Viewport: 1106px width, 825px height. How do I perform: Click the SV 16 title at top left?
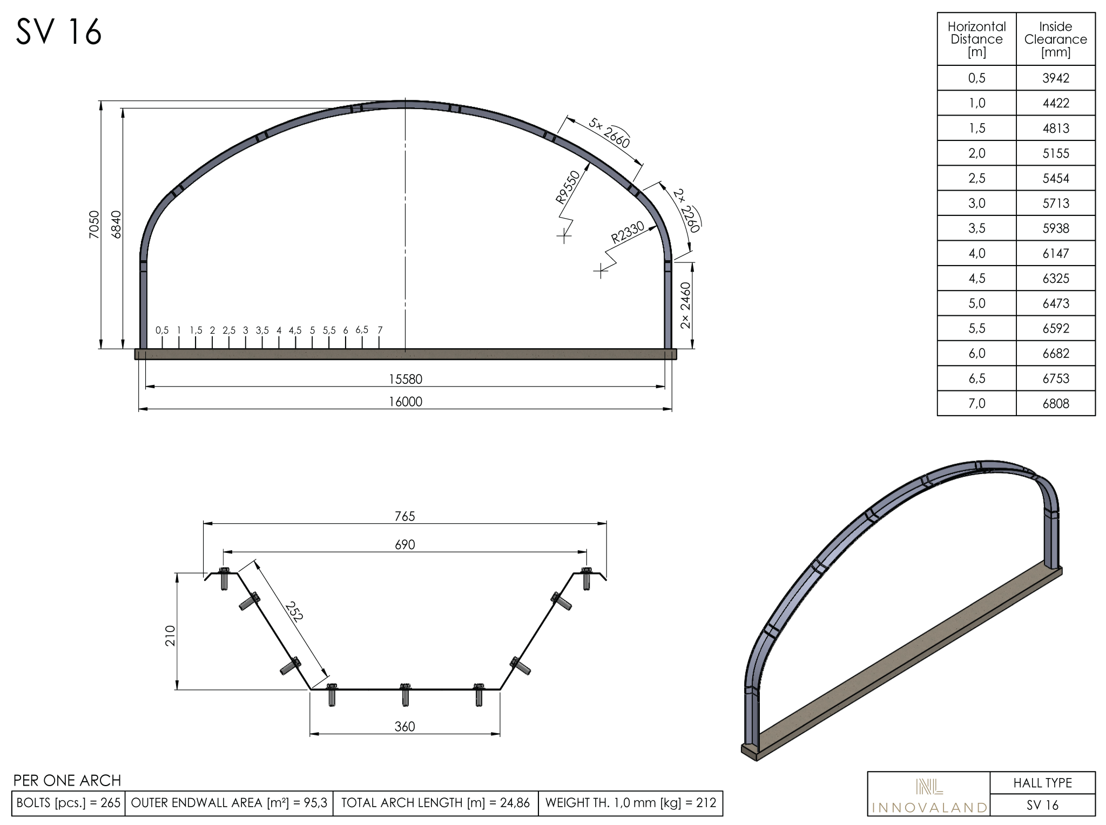pos(59,32)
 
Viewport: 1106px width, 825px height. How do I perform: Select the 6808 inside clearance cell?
pos(1056,403)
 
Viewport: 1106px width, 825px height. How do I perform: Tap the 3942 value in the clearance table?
pos(1056,78)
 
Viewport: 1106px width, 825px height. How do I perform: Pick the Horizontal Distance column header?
pos(976,39)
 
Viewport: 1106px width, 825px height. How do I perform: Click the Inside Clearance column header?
pos(1056,39)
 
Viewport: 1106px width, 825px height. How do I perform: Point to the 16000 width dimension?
pos(406,402)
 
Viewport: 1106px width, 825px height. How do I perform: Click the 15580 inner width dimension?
pos(406,379)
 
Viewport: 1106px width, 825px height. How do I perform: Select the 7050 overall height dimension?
pos(94,225)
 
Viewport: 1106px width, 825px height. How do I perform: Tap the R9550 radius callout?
pos(568,187)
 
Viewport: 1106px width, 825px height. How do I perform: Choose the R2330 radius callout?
pos(628,232)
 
